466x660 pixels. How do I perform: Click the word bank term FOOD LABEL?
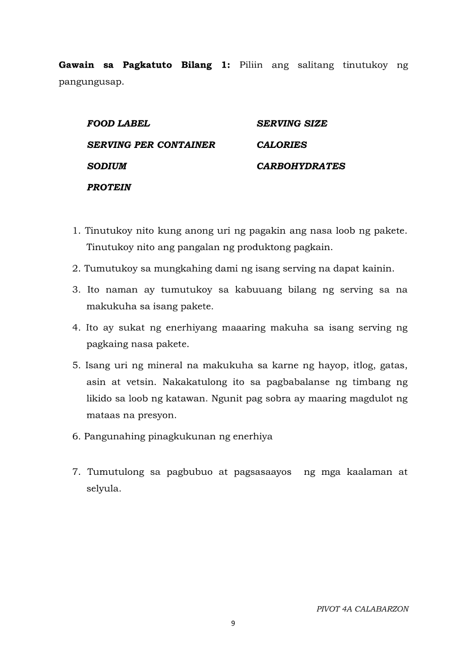pos(118,124)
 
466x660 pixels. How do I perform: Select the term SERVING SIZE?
pos(292,124)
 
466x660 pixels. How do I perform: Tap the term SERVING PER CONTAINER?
pos(151,145)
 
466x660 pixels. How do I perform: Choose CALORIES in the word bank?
pos(282,145)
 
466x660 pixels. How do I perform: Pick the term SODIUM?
pos(107,167)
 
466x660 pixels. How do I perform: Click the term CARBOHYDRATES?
pos(301,167)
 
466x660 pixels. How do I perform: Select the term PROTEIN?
pos(109,187)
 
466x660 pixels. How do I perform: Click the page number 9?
pos(233,623)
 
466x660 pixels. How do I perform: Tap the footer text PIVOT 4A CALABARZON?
pos(362,609)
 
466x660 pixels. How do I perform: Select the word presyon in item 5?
pos(160,415)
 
